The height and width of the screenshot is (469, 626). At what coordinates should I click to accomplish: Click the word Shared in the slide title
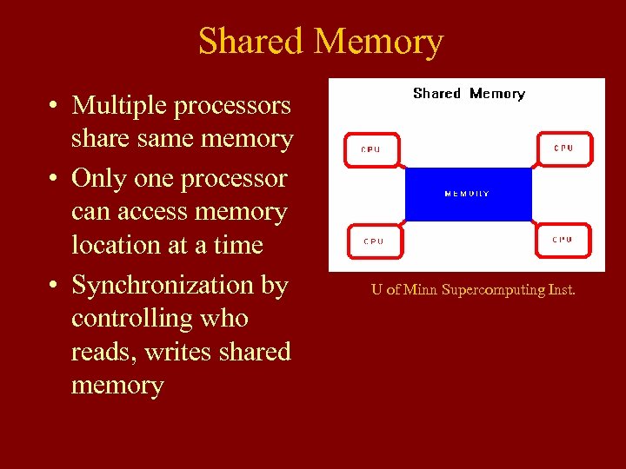pos(251,42)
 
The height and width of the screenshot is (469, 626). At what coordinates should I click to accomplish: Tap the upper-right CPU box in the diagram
pos(564,148)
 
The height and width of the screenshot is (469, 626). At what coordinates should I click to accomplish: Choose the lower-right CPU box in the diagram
pos(564,239)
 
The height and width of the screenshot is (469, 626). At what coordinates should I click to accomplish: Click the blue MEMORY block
pos(468,194)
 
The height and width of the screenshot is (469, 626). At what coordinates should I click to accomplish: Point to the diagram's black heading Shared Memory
pos(469,94)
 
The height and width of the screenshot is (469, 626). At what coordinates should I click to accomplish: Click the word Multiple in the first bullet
pos(120,106)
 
